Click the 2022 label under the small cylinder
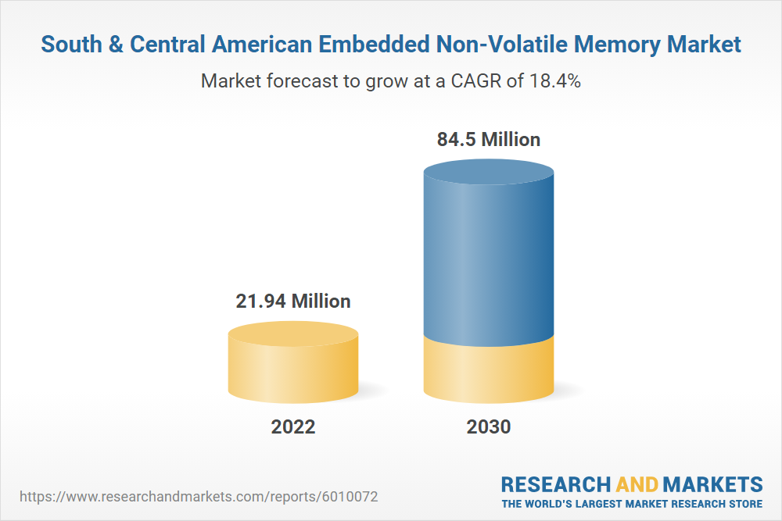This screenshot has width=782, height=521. [x=293, y=427]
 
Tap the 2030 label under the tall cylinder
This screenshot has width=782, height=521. [x=488, y=427]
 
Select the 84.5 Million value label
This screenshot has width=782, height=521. [x=488, y=140]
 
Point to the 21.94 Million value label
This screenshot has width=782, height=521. [x=293, y=301]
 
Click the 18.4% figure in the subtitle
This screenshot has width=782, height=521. [x=552, y=80]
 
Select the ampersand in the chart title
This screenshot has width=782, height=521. [x=115, y=45]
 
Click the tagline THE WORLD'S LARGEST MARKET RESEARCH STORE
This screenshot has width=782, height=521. [x=631, y=504]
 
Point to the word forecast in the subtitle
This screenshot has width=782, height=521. [x=292, y=80]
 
